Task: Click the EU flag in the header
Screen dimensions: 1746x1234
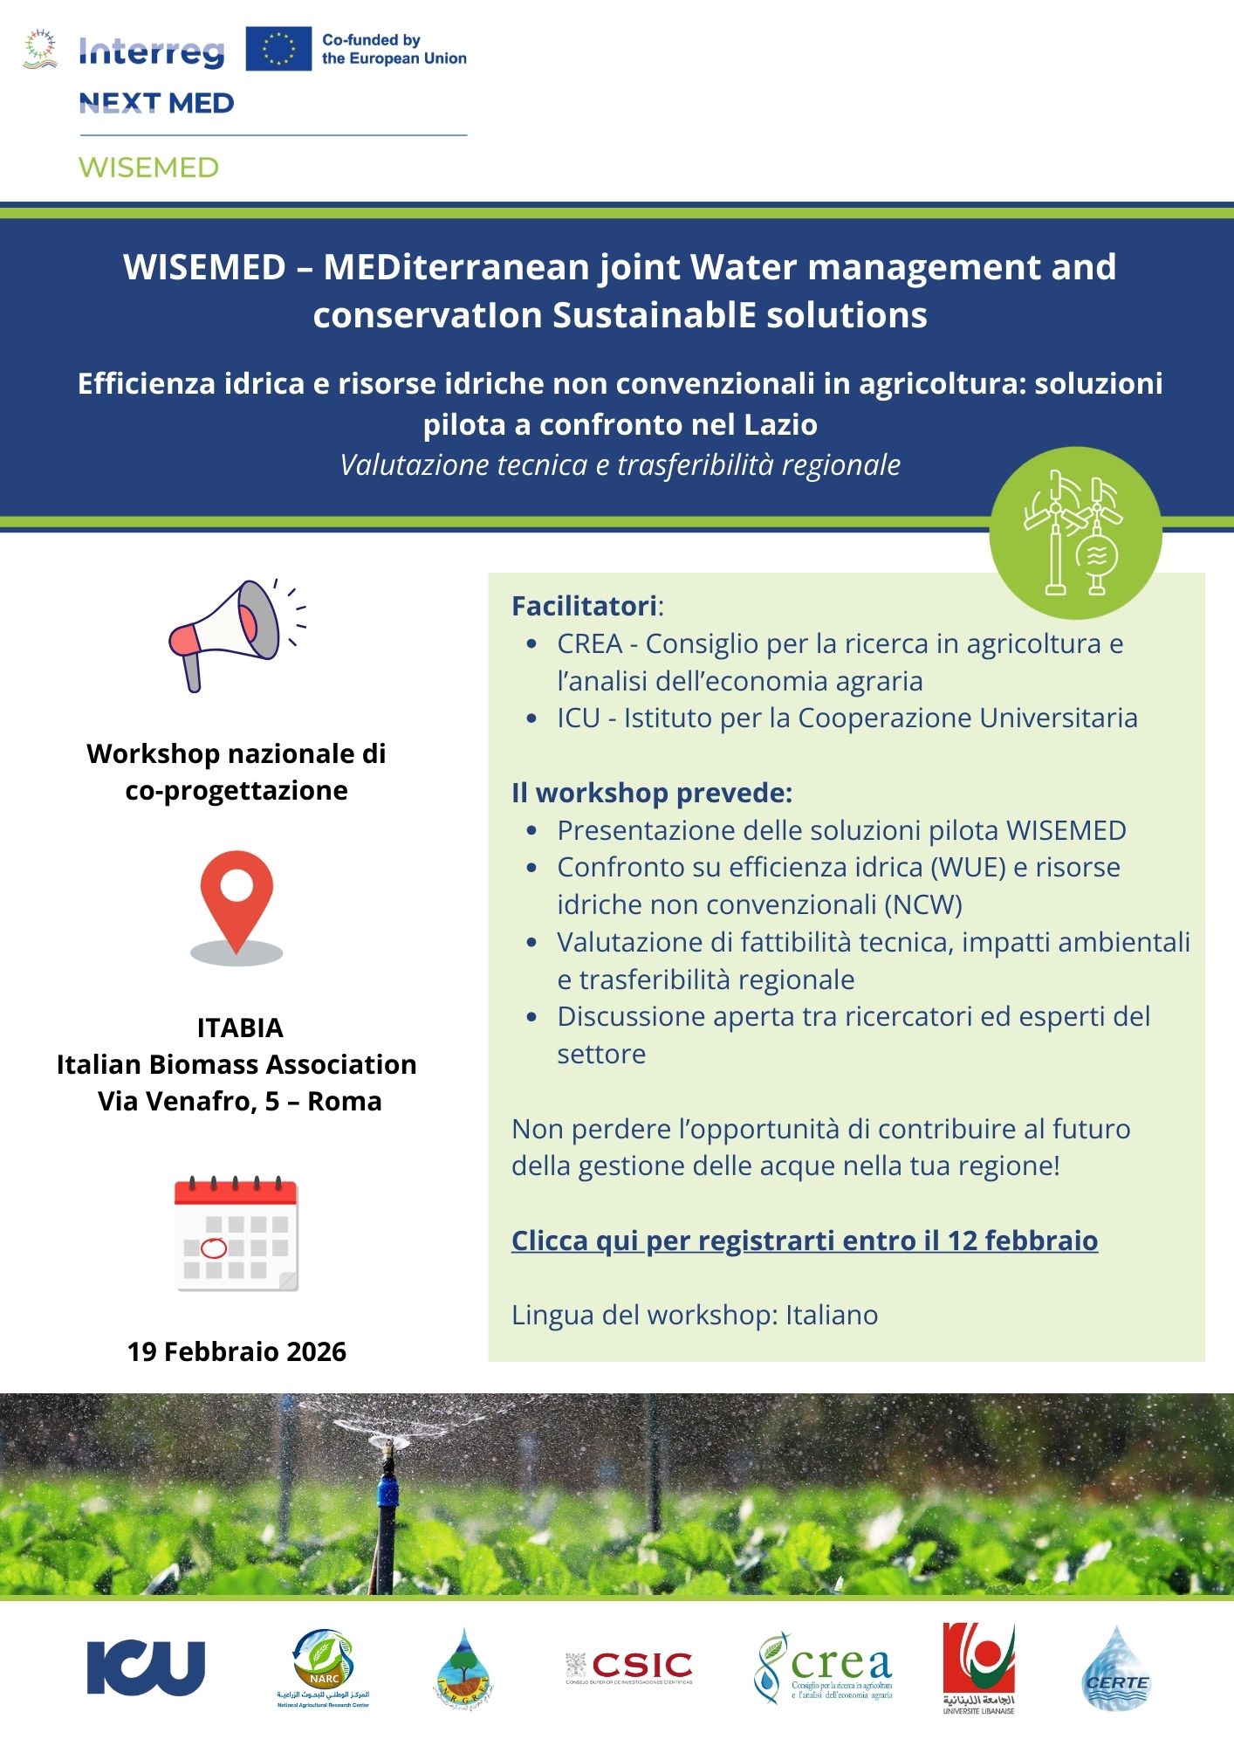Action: click(x=278, y=49)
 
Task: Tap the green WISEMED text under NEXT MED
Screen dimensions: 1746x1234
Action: click(x=149, y=168)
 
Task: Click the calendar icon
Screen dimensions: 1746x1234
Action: click(x=237, y=1234)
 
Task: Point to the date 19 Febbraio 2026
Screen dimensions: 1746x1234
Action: click(x=237, y=1351)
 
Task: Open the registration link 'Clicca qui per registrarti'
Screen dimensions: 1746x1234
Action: click(x=804, y=1241)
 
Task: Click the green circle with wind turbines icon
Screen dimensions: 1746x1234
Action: click(x=1075, y=533)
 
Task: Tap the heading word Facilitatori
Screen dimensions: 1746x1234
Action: click(x=584, y=606)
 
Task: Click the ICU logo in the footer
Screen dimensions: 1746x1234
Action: click(x=146, y=1667)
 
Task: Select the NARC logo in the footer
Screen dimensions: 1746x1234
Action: click(x=323, y=1667)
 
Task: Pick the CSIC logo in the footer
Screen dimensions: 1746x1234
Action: click(x=629, y=1667)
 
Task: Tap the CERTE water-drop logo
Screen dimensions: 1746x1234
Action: click(x=1116, y=1669)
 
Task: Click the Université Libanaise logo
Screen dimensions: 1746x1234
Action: click(x=978, y=1667)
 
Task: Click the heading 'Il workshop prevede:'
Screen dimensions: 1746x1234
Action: click(x=651, y=793)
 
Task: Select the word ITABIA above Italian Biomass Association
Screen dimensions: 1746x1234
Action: click(x=240, y=1028)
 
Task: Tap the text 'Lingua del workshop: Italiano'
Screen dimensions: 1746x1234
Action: click(x=695, y=1315)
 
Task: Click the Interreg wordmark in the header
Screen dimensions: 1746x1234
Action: click(x=152, y=52)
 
